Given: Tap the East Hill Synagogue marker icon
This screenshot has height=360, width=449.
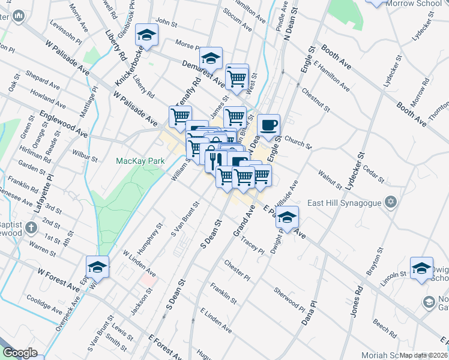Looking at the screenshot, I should click(391, 202).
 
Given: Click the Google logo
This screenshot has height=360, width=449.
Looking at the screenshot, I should click(20, 353).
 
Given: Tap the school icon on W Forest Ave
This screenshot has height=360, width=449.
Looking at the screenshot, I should click(97, 266).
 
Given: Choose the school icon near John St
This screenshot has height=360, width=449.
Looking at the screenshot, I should click(145, 35).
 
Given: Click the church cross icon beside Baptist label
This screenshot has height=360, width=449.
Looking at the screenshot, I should click(31, 227).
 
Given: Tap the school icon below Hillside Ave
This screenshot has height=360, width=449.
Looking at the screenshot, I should click(288, 217).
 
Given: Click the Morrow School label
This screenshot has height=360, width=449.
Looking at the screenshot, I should click(412, 4).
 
